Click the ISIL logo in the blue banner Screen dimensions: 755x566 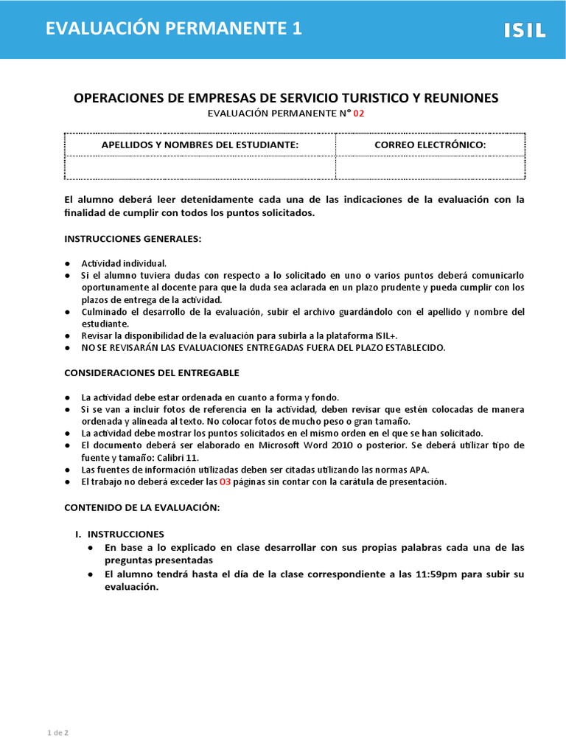(x=524, y=30)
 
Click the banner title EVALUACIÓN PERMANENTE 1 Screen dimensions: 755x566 (x=173, y=29)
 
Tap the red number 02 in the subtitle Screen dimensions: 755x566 (x=359, y=114)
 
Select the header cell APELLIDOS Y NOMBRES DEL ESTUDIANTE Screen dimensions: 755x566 (x=200, y=145)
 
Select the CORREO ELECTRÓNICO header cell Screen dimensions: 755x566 (x=430, y=145)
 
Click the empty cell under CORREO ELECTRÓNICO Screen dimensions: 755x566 (x=430, y=167)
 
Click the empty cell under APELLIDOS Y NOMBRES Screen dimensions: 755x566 (x=200, y=167)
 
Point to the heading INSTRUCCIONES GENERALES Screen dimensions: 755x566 (x=133, y=239)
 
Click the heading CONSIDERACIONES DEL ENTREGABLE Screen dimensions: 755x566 (x=152, y=372)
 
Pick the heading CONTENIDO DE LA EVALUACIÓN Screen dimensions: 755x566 (x=142, y=508)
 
